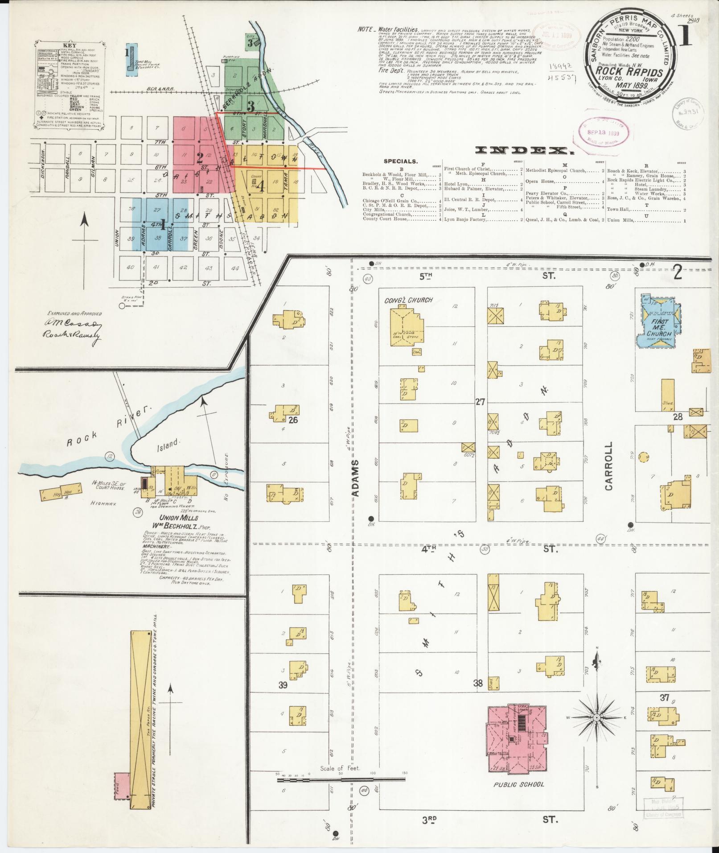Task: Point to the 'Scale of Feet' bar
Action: point(341,779)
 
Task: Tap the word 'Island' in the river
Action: point(168,443)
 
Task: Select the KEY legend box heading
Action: point(69,45)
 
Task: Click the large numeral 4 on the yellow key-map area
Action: point(260,186)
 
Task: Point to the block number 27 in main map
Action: point(480,402)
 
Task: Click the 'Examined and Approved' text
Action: point(74,313)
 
